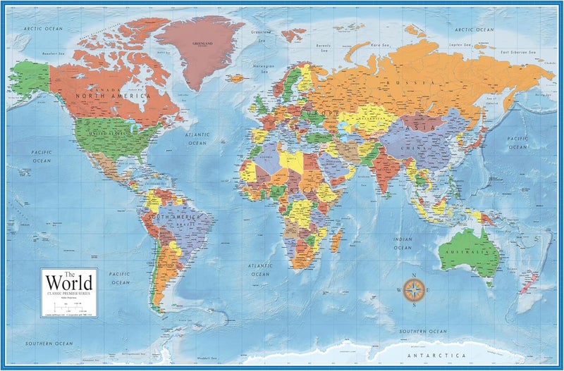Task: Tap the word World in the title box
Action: coord(68,282)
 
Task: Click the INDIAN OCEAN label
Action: coord(403,244)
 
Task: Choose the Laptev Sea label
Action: coord(462,43)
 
